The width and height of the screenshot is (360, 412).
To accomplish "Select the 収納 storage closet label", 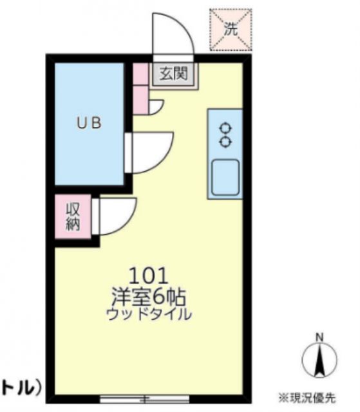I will [73, 216].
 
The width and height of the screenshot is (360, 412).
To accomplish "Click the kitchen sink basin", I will [225, 175].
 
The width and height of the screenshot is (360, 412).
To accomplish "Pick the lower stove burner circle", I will [225, 140].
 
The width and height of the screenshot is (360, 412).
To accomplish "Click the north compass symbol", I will [319, 360].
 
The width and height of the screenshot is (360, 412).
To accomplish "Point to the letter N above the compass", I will [319, 337].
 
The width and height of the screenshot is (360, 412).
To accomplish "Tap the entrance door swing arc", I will [173, 32].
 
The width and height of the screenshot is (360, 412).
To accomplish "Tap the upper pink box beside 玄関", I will [140, 75].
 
